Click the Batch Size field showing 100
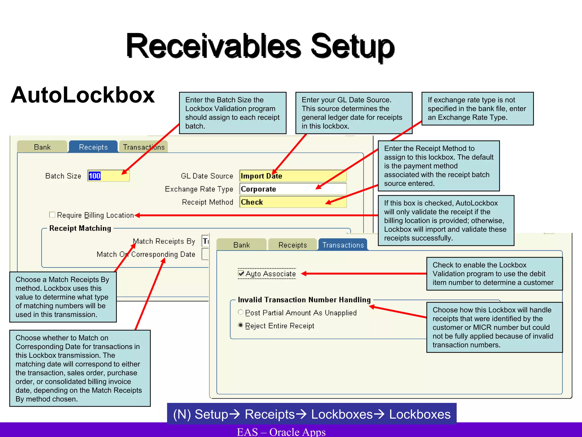(x=108, y=176)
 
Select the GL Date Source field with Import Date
(x=293, y=176)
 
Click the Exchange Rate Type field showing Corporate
(x=293, y=189)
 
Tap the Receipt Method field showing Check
(x=293, y=202)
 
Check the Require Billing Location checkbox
(x=52, y=215)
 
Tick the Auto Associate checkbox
(x=241, y=274)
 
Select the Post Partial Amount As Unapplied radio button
(x=241, y=312)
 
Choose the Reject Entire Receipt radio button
(x=241, y=325)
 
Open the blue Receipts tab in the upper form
(x=93, y=147)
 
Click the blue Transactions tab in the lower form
(x=343, y=245)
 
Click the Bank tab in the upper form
(x=42, y=147)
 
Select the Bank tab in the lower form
(x=242, y=245)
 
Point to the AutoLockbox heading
(x=83, y=95)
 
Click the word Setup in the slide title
(x=352, y=46)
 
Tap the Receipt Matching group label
(x=80, y=228)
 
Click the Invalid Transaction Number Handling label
(x=304, y=300)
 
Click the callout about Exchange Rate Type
(x=477, y=109)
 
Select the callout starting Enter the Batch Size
(x=232, y=113)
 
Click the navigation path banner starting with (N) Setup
(x=312, y=414)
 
